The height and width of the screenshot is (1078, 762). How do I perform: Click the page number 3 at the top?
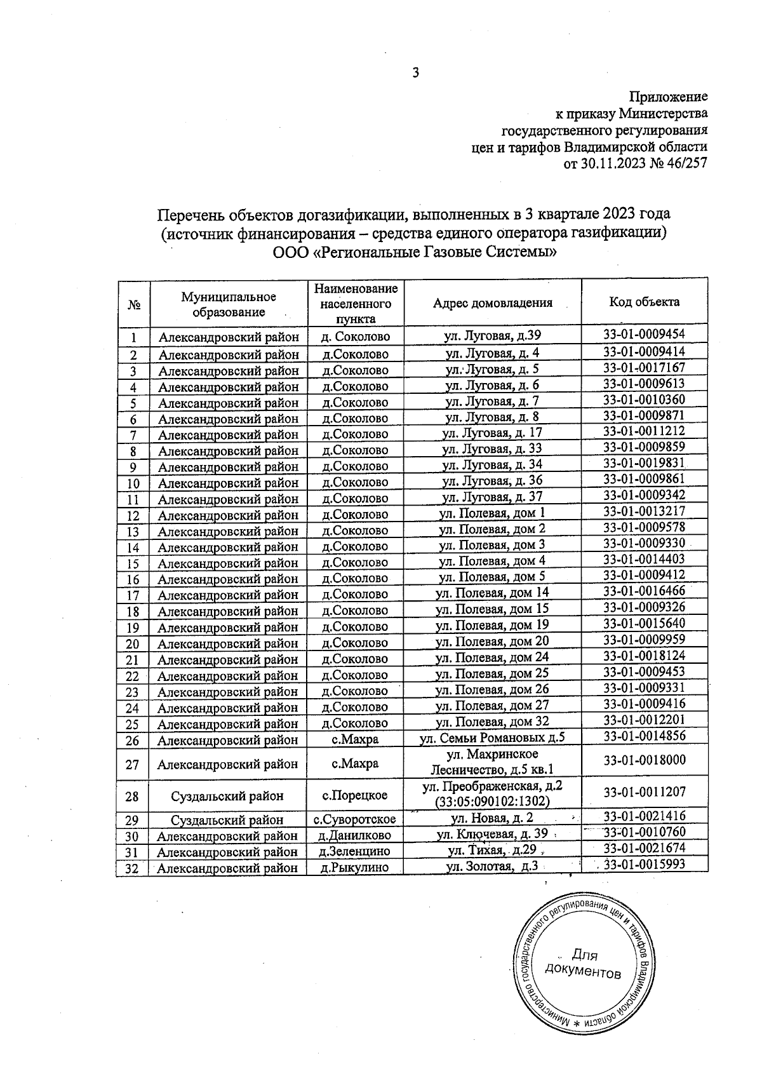tap(416, 72)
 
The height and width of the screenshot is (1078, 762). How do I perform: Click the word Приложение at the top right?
tap(667, 97)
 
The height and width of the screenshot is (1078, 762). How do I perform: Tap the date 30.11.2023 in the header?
tap(615, 164)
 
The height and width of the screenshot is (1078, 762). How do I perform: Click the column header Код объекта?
tap(644, 302)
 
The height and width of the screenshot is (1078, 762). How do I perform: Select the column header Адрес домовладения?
tap(492, 303)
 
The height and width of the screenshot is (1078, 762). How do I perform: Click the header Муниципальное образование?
tap(229, 304)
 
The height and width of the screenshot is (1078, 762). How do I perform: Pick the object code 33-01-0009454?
tap(644, 333)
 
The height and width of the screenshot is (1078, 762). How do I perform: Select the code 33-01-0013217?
tap(644, 511)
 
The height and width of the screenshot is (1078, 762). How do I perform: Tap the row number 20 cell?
tap(133, 643)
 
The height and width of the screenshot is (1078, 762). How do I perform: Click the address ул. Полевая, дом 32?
tap(492, 721)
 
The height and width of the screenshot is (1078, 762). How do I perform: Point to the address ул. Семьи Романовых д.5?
tap(492, 737)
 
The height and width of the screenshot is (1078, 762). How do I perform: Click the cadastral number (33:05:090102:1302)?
tap(492, 802)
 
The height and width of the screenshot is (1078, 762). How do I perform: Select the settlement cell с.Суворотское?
tap(355, 820)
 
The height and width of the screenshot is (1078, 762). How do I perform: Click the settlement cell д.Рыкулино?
tap(355, 868)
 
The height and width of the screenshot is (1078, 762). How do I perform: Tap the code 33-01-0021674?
tap(644, 848)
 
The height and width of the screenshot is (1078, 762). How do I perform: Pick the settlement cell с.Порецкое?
tap(355, 795)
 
